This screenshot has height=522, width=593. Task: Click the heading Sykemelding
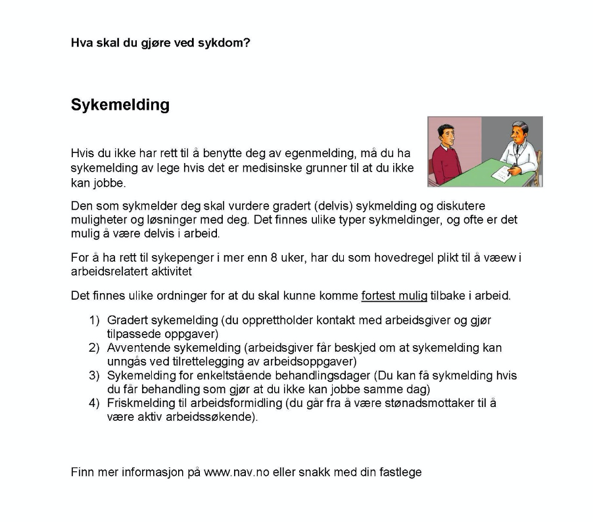click(x=120, y=105)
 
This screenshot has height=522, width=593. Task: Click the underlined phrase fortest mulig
click(x=394, y=296)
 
